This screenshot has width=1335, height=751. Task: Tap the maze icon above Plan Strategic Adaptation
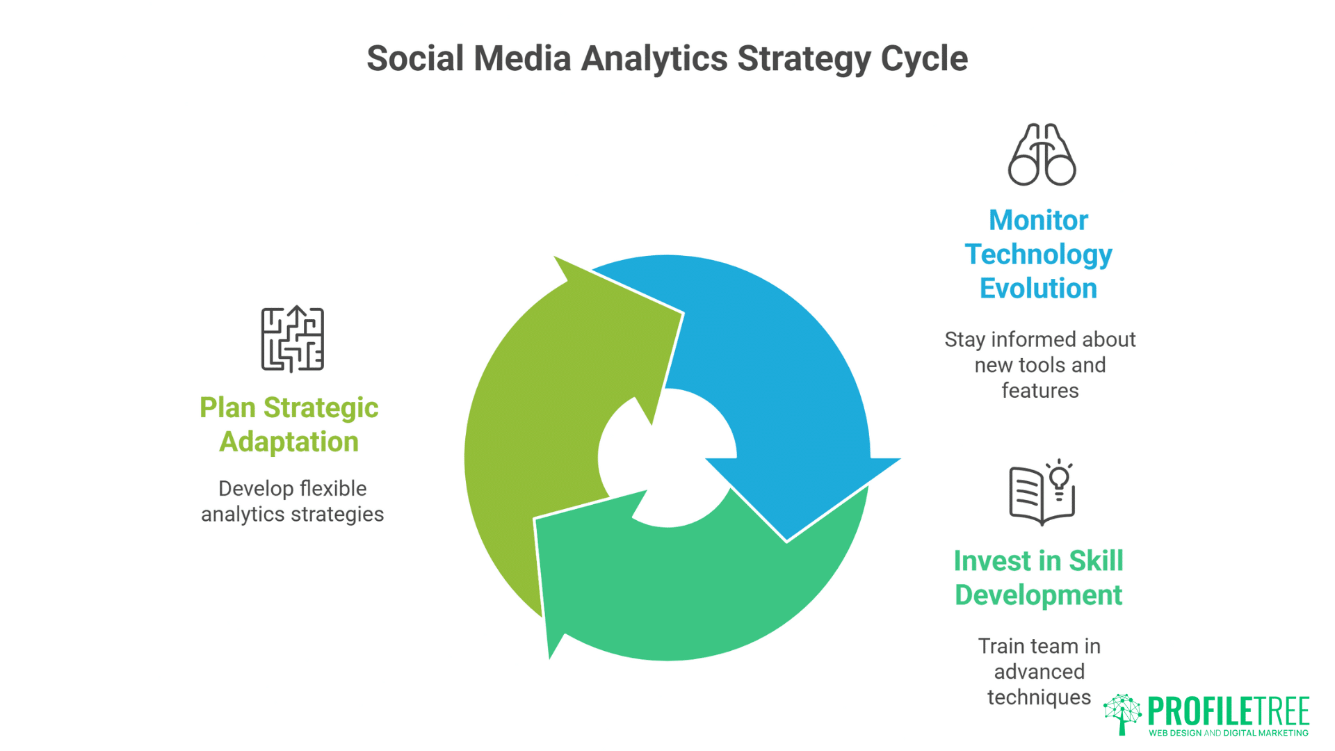[292, 339]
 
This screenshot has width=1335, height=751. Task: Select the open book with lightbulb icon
[1042, 492]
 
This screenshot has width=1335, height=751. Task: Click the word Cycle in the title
[924, 58]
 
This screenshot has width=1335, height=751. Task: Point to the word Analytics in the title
[654, 58]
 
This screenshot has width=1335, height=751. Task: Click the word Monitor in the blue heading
[1038, 220]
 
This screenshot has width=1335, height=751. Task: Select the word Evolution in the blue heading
[1038, 289]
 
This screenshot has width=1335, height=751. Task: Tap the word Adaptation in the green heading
[289, 442]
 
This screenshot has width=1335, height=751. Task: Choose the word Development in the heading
[1038, 595]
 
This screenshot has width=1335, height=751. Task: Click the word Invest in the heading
[986, 561]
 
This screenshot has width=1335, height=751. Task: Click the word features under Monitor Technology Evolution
[1039, 391]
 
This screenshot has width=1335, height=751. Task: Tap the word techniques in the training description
[1039, 697]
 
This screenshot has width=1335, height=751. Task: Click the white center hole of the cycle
[667, 459]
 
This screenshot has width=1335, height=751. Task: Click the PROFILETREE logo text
[1228, 711]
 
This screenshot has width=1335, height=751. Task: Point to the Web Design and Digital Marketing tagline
[1228, 733]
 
